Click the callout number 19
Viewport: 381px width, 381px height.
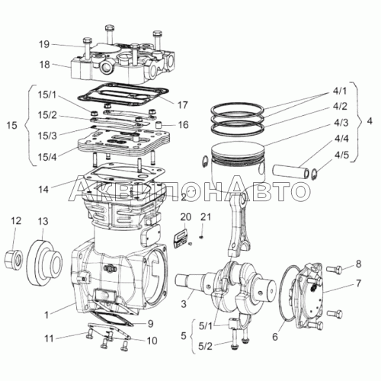[44, 44]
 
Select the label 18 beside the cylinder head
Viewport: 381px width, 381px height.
[44, 65]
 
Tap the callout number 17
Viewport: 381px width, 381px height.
[182, 105]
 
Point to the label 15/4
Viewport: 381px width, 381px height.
[47, 157]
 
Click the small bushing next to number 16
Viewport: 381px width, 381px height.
[159, 125]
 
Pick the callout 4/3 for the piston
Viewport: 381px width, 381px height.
[341, 123]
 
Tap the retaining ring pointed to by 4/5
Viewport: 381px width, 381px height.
[313, 174]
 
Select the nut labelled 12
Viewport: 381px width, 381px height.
[14, 260]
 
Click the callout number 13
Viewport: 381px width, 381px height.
[43, 222]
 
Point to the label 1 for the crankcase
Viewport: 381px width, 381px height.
[46, 315]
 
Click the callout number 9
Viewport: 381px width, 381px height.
[150, 324]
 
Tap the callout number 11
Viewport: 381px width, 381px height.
[49, 338]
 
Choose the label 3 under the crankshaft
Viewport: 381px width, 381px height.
[184, 304]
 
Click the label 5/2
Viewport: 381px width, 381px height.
[205, 346]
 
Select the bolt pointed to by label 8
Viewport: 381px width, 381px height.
[334, 270]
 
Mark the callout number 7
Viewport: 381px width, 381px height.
[358, 283]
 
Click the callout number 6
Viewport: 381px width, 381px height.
[275, 337]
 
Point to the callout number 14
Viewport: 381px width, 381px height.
[43, 189]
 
